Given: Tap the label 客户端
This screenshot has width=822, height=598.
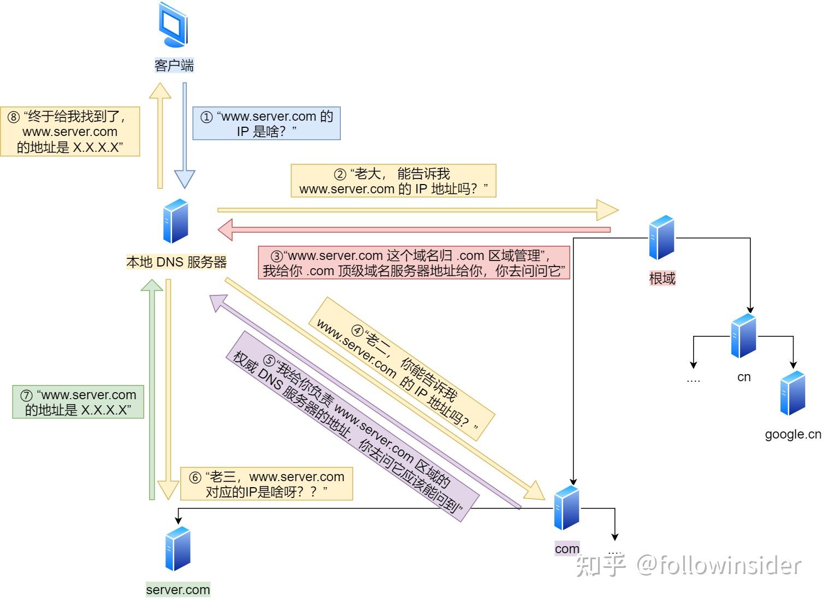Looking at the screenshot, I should [x=174, y=66].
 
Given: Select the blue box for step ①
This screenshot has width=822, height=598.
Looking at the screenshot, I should [x=267, y=123].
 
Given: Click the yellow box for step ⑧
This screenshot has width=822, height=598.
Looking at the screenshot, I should [x=70, y=132].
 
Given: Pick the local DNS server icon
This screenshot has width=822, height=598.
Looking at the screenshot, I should [x=176, y=221].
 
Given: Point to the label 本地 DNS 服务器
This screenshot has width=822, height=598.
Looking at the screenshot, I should [x=176, y=262].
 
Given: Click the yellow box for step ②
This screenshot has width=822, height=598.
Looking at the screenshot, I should [x=393, y=181].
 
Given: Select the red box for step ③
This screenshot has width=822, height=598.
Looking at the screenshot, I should [x=413, y=263].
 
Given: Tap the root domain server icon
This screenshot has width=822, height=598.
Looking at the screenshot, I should [x=661, y=238].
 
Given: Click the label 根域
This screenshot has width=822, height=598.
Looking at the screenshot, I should [x=662, y=279].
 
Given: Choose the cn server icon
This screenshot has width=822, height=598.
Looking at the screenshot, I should [x=743, y=336].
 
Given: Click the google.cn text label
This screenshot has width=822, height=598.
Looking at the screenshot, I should [x=793, y=434].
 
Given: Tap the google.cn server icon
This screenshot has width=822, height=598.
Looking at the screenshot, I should [x=793, y=393].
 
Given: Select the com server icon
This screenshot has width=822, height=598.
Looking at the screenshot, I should [x=566, y=508].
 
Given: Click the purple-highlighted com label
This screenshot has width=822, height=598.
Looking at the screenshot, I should [x=567, y=549].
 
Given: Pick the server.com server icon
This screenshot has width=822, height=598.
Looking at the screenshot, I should [x=178, y=549].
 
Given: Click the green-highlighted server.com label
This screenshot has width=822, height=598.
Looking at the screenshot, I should [x=178, y=590].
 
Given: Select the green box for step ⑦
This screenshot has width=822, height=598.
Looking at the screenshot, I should [x=78, y=402].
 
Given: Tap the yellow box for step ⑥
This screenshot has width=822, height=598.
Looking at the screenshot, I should [x=267, y=484].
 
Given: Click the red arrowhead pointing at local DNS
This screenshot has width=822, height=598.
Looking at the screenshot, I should [x=226, y=230].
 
